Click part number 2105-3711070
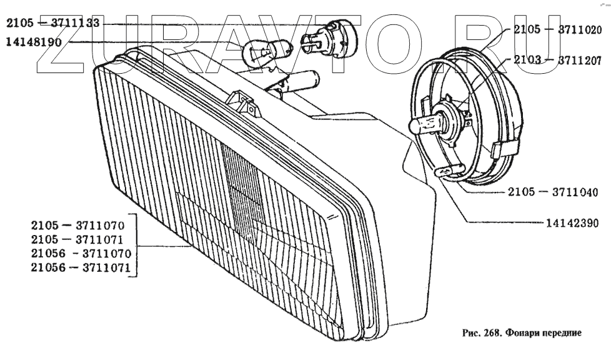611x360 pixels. [79, 223]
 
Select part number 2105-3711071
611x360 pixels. [79, 239]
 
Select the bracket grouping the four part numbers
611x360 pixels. [136, 246]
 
